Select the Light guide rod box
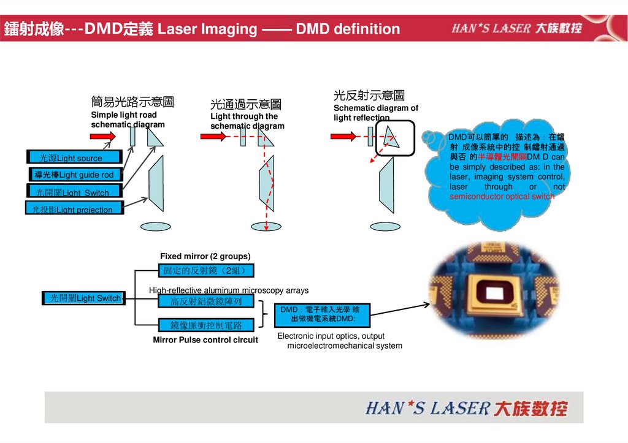76,175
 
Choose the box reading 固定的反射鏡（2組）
205,271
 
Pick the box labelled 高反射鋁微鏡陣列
205,301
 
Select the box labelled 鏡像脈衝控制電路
205,325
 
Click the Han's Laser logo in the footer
466,408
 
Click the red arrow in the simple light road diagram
103,136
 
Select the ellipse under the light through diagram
266,226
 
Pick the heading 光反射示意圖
369,96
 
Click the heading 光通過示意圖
245,105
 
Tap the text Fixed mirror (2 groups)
205,256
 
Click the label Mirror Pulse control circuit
205,340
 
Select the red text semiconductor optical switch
502,197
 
